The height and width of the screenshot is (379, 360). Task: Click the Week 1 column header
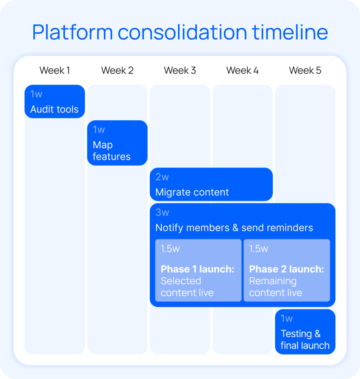tap(55, 70)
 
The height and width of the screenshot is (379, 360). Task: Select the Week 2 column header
tap(117, 70)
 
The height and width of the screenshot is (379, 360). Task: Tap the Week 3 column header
tap(180, 70)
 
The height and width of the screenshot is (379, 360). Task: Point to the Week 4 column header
tap(242, 70)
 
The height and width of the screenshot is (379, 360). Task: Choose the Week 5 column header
tap(305, 70)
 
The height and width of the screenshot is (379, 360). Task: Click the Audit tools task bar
tap(55, 102)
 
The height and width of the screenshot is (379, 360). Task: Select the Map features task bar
tap(117, 143)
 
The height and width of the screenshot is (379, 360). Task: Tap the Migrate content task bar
tap(211, 184)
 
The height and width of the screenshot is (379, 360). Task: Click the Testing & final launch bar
tap(305, 332)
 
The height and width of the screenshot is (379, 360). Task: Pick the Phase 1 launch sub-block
tap(198, 271)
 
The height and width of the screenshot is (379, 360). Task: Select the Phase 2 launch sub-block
tap(287, 271)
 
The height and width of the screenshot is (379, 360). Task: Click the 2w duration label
tap(162, 177)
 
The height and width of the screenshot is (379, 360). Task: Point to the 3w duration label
tap(162, 213)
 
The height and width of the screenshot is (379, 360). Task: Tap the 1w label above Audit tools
tap(36, 94)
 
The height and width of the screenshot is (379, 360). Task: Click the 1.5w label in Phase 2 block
tap(258, 249)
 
